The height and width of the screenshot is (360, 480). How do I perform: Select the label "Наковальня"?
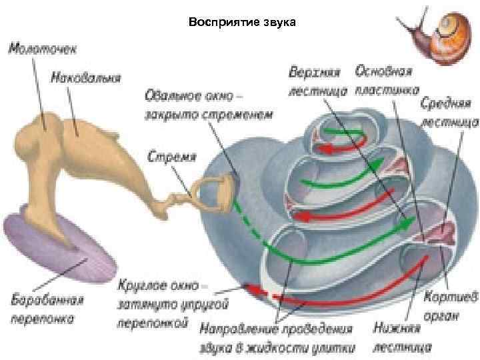click(x=86, y=77)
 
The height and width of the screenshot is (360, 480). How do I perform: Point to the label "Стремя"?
click(x=171, y=157)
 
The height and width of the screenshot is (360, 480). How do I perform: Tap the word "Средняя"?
click(x=445, y=105)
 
